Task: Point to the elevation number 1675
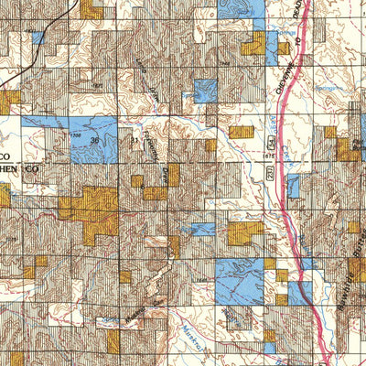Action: pyautogui.click(x=268, y=156)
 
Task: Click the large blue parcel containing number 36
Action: pyautogui.click(x=82, y=137)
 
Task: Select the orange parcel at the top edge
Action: pyautogui.click(x=91, y=9)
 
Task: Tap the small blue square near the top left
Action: pyautogui.click(x=38, y=38)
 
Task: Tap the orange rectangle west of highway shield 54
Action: pyautogui.click(x=241, y=132)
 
